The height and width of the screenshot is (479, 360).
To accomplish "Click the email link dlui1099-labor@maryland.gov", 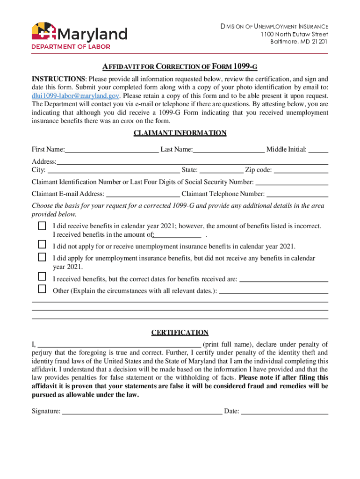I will (x=75, y=95).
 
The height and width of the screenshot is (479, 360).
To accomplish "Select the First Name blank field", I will (x=112, y=150).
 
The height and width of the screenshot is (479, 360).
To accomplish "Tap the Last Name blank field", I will (x=229, y=150).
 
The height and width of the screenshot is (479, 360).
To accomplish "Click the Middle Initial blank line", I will (x=318, y=150).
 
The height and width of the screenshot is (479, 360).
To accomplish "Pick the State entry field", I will (x=221, y=170).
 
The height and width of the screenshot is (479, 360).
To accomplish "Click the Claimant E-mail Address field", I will (x=143, y=194).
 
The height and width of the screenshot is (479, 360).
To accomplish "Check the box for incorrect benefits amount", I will (x=42, y=226).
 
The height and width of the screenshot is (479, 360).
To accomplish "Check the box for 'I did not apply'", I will (x=42, y=245).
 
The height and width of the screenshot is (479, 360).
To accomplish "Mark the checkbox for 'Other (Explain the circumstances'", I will (x=42, y=289).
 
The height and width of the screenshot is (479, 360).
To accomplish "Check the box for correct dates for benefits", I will (x=42, y=277).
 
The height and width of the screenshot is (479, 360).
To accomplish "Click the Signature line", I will (x=142, y=412).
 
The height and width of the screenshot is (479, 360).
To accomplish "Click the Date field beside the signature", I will (x=284, y=412).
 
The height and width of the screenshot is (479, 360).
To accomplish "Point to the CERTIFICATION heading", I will (x=180, y=333).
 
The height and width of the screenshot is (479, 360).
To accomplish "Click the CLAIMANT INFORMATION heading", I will (x=180, y=133).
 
